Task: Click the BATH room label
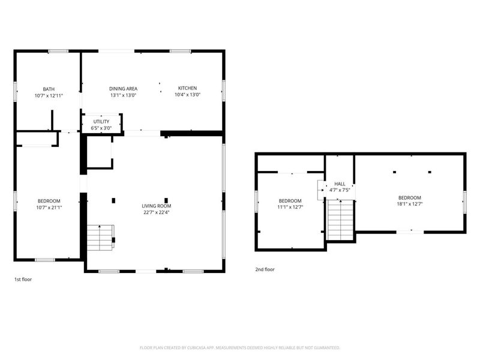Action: pyautogui.click(x=49, y=89)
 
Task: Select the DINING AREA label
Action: pyautogui.click(x=123, y=88)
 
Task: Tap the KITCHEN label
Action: pyautogui.click(x=187, y=88)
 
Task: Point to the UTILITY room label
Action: pyautogui.click(x=101, y=122)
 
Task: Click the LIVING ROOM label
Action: pyautogui.click(x=156, y=206)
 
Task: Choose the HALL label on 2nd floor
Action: pyautogui.click(x=340, y=184)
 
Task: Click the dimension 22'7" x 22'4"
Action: pyautogui.click(x=156, y=212)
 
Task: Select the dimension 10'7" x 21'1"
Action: pyautogui.click(x=49, y=207)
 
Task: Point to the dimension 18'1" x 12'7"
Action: pyautogui.click(x=409, y=204)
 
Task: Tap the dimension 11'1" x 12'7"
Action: pyautogui.click(x=290, y=207)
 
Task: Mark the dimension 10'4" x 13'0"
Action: pyautogui.click(x=187, y=95)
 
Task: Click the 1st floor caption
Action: pyautogui.click(x=23, y=280)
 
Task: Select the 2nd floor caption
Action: pyautogui.click(x=265, y=269)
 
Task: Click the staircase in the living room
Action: pyautogui.click(x=100, y=238)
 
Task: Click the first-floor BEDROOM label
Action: pyautogui.click(x=49, y=200)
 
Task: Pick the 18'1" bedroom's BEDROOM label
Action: pyautogui.click(x=409, y=197)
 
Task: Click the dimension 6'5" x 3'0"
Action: pyautogui.click(x=101, y=128)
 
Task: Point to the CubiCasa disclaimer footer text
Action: pyautogui.click(x=240, y=347)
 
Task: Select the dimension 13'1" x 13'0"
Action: pyautogui.click(x=123, y=95)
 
